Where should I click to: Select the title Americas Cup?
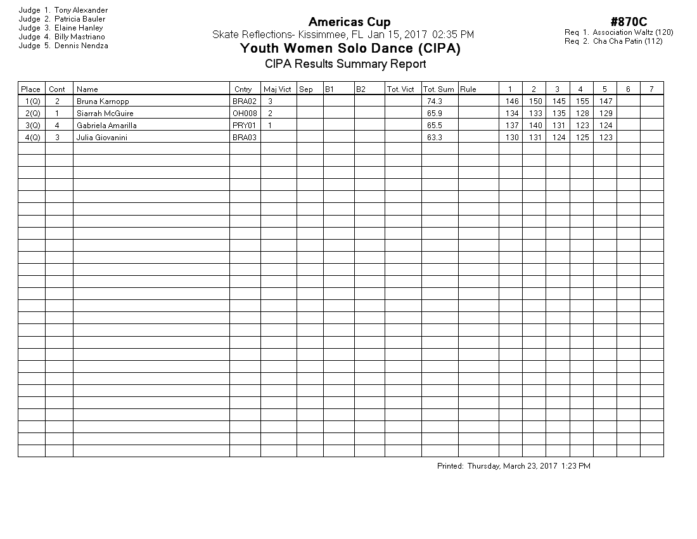tap(349, 23)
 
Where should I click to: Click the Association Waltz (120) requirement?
tap(632, 32)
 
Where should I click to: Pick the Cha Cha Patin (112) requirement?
tap(627, 41)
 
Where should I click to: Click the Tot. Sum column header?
tap(438, 89)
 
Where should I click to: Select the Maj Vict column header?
tap(277, 89)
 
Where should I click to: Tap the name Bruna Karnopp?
tap(103, 101)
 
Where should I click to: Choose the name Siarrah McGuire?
tap(105, 114)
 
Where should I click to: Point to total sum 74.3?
tap(434, 101)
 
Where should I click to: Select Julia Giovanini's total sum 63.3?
tap(434, 138)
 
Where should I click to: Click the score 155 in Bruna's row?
tap(582, 101)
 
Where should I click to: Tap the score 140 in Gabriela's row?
tap(535, 126)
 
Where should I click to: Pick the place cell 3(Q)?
tap(32, 126)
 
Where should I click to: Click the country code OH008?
tap(245, 114)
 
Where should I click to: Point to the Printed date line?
tap(513, 466)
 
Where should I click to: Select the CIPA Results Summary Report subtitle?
tap(345, 64)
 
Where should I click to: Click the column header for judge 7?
tap(651, 89)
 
